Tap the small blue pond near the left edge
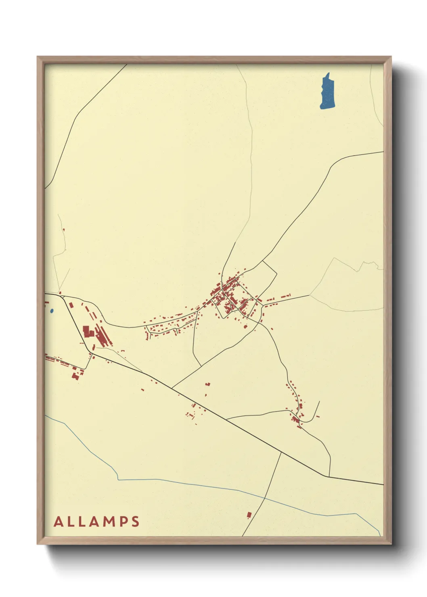click(51, 311)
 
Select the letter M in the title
click(107, 522)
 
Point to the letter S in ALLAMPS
click(135, 522)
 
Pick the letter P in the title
click(122, 522)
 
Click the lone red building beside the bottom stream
click(249, 515)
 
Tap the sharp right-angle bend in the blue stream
click(118, 479)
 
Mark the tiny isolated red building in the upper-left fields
click(64, 230)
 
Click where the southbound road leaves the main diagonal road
click(281, 452)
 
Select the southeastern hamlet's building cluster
click(298, 415)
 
